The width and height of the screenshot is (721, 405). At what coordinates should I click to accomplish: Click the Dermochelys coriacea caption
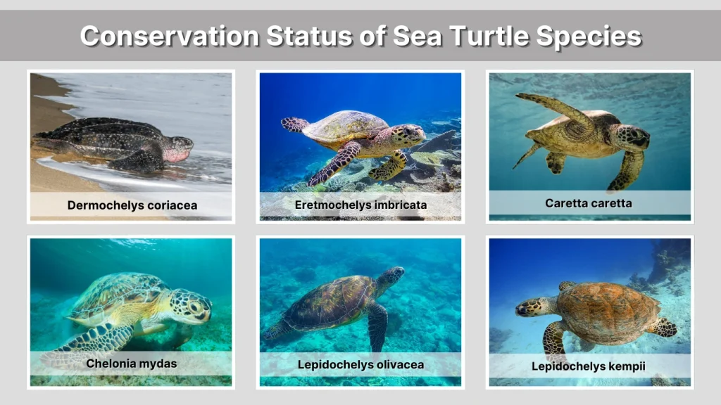pos(132,205)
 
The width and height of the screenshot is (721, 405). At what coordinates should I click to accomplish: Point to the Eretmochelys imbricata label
pos(360,205)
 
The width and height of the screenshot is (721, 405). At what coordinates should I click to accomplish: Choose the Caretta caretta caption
pos(589,203)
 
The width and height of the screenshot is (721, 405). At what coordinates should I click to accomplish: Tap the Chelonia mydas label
pos(132,364)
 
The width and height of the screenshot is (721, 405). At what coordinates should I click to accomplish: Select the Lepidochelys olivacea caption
pos(360,364)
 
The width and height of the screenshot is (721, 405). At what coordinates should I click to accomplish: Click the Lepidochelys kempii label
pos(589,366)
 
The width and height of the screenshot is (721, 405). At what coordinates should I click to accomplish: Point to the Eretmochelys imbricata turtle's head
pos(408,134)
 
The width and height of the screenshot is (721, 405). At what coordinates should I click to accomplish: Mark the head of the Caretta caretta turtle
pos(631,136)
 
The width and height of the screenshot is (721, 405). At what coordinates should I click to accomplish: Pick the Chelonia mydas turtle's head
pos(190,307)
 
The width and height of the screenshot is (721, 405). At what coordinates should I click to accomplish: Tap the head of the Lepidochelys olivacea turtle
pos(391,276)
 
